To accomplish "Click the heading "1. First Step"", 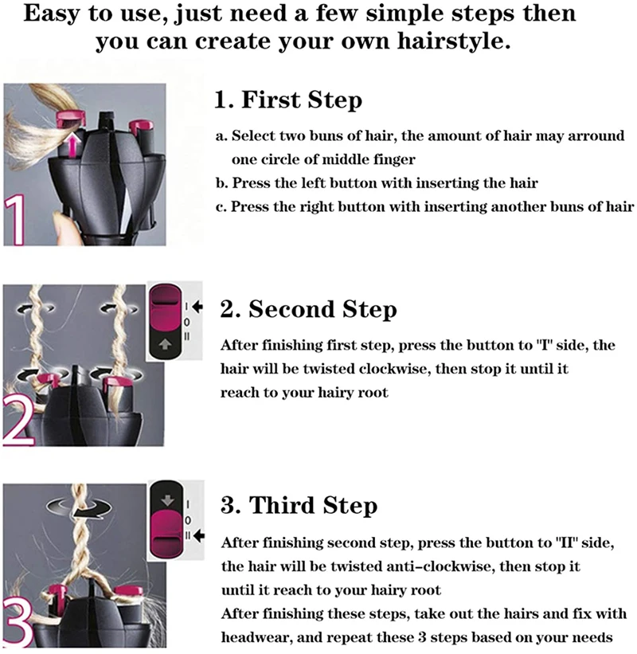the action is (288, 100).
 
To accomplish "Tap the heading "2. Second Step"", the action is (308, 310).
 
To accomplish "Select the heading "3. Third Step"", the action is (299, 506).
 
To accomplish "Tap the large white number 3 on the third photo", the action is (18, 621).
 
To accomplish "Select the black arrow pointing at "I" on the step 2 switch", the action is (197, 307).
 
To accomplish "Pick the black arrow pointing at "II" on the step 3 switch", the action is (199, 535).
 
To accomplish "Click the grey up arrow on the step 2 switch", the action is (166, 344).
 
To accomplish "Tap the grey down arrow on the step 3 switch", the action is (167, 500).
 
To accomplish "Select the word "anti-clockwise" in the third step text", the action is (440, 566).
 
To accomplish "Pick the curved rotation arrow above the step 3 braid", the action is (79, 507).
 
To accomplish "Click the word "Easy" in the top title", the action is (52, 14).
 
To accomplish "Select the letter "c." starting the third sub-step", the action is (221, 207).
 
